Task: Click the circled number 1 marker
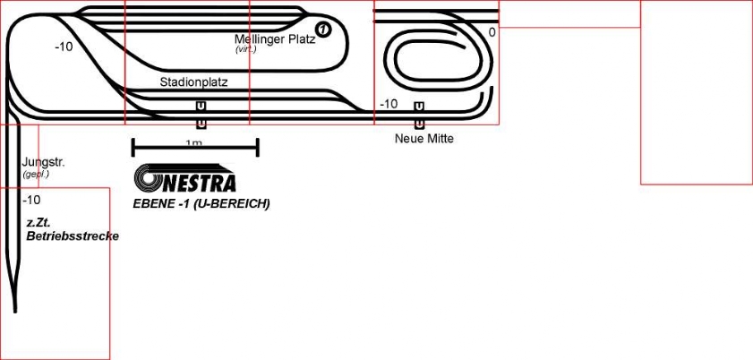[323, 30]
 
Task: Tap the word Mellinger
[260, 39]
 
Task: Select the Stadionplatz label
[193, 82]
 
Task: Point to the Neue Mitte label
[424, 139]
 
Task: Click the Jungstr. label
[44, 163]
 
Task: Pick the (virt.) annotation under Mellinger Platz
[245, 49]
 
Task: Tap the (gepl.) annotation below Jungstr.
[36, 174]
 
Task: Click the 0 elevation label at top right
[492, 32]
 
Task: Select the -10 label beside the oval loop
[388, 104]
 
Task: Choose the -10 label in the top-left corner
[64, 47]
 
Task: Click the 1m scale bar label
[193, 143]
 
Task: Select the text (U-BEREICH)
[232, 204]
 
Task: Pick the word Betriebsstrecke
[73, 236]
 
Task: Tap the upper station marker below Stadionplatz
[201, 107]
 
